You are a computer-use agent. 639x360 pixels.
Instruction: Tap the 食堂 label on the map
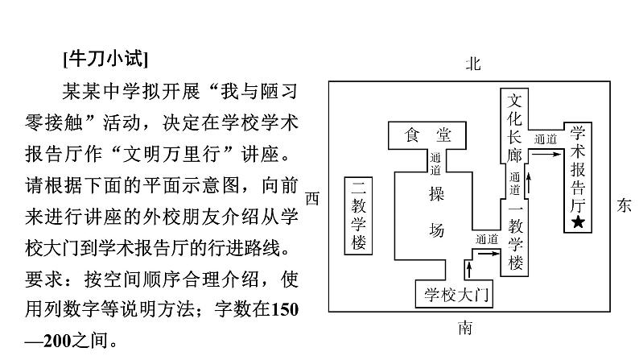(x=427, y=135)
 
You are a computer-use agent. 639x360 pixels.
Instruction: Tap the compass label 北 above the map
(x=473, y=64)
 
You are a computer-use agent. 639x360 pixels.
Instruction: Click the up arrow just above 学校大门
(x=470, y=268)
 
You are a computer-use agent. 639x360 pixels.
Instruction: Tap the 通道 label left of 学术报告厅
(x=545, y=140)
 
